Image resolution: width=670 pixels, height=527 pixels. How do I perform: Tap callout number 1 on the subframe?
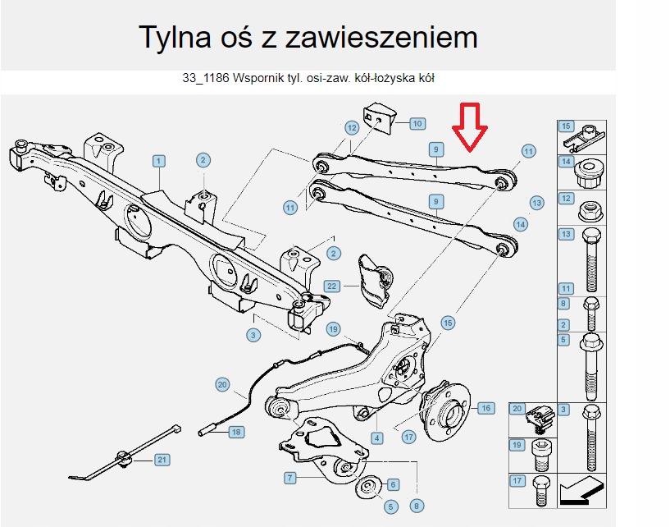(x=157, y=161)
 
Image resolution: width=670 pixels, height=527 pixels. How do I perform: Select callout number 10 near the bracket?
(x=417, y=124)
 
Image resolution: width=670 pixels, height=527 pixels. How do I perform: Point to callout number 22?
(x=331, y=286)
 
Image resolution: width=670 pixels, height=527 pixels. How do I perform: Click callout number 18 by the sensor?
(x=235, y=432)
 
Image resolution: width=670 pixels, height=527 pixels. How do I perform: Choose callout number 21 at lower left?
(x=162, y=460)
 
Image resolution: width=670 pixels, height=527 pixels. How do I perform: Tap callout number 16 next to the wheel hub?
(x=485, y=407)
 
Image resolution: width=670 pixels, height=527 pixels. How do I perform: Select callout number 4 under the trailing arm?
(x=376, y=438)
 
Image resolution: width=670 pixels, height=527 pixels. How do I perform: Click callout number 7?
(x=289, y=477)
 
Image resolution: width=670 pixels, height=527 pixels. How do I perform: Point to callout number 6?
(x=393, y=484)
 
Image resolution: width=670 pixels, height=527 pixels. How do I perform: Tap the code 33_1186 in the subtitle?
(x=206, y=79)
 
